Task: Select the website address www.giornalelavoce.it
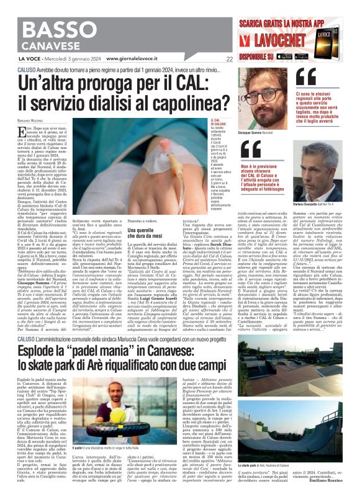click(x=135, y=60)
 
